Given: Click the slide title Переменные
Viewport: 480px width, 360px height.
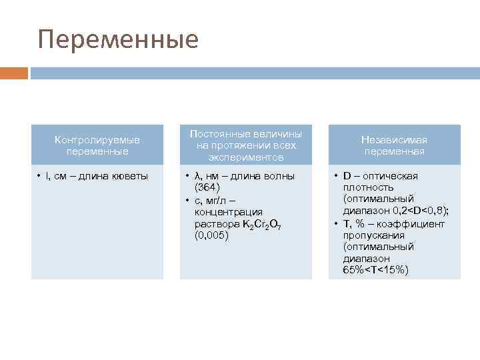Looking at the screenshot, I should click(x=118, y=39).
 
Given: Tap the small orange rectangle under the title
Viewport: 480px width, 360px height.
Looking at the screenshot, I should click(x=14, y=73).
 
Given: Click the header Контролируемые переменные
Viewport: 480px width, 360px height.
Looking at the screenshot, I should click(x=97, y=145).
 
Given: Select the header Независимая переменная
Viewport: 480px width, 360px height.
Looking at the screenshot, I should click(x=394, y=145).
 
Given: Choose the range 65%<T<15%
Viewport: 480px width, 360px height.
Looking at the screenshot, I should click(x=376, y=270).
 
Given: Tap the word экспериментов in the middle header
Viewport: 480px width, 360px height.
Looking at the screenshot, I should click(x=245, y=157).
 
